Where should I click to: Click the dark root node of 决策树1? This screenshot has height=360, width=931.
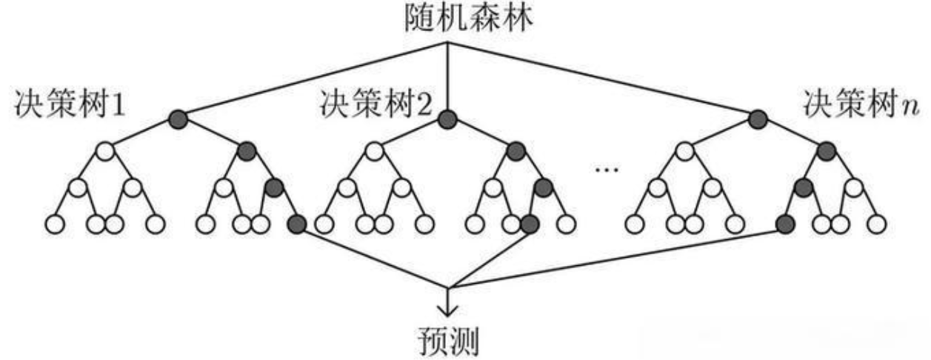pyautogui.click(x=178, y=118)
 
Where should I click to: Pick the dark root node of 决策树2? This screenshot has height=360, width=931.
pyautogui.click(x=447, y=118)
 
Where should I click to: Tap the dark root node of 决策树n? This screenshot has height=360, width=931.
pyautogui.click(x=757, y=118)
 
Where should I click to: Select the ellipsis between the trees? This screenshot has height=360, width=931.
pyautogui.click(x=606, y=170)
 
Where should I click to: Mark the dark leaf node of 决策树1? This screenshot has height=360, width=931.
pyautogui.click(x=297, y=222)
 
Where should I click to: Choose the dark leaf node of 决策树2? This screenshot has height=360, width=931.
pyautogui.click(x=529, y=222)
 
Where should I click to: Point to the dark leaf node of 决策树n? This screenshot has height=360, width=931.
pyautogui.click(x=785, y=222)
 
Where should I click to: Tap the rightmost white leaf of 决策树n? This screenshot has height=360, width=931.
pyautogui.click(x=876, y=222)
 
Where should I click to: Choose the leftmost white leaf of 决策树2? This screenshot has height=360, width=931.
pyautogui.click(x=323, y=222)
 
